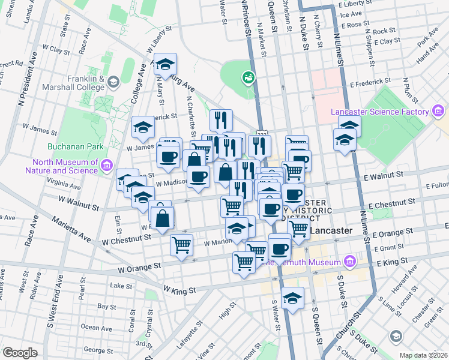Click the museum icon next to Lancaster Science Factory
tap(438, 112)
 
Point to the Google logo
tap(20, 353)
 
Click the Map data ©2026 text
tap(423, 355)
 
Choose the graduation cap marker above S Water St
tap(292, 299)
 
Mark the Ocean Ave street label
tap(96, 328)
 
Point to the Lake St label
tap(120, 286)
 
